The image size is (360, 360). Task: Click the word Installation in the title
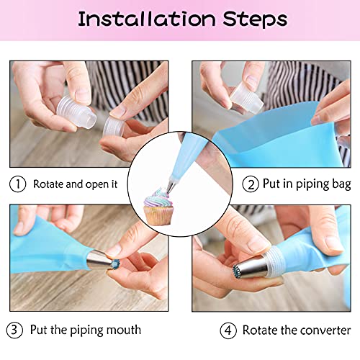pyautogui.click(x=147, y=19)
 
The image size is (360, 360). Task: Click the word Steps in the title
pyautogui.click(x=255, y=19)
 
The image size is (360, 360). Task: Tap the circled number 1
pyautogui.click(x=17, y=184)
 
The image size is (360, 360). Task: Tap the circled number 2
pyautogui.click(x=251, y=184)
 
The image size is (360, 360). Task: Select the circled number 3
pyautogui.click(x=14, y=330)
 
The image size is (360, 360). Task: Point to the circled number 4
pyautogui.click(x=228, y=330)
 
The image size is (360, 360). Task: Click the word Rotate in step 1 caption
pyautogui.click(x=48, y=184)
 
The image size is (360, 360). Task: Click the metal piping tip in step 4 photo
pyautogui.click(x=251, y=267)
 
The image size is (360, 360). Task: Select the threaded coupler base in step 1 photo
pyautogui.click(x=76, y=112)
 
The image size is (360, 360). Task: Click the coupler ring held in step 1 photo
pyautogui.click(x=113, y=128)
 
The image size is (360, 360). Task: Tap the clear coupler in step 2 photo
pyautogui.click(x=247, y=99)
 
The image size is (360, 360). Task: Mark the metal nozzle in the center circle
pyautogui.click(x=172, y=186)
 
